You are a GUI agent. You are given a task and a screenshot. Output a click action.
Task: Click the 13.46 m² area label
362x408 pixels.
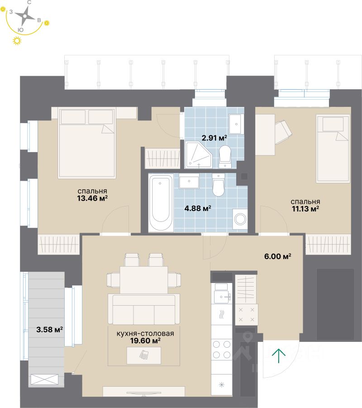point(92,198)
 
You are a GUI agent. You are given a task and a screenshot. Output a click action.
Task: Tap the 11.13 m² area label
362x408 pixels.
point(305,208)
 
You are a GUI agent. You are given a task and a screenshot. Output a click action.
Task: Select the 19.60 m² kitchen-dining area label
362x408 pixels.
point(145,341)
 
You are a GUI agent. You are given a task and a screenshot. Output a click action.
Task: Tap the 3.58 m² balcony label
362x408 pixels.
point(49,329)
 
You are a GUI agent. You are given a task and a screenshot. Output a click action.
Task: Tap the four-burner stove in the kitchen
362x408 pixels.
point(222,349)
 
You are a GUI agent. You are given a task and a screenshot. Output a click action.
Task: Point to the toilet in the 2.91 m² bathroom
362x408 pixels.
point(225,155)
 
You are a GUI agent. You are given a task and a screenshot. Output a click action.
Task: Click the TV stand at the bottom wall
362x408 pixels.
point(143,392)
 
